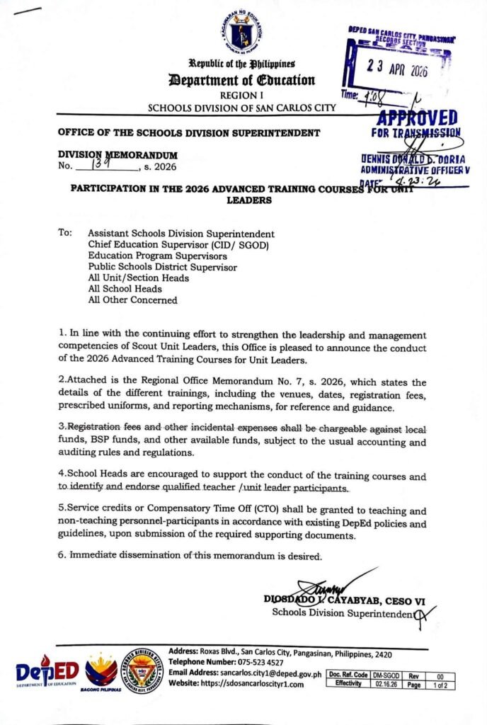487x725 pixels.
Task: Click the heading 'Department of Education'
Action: pos(243,79)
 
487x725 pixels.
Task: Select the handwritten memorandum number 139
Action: pos(101,166)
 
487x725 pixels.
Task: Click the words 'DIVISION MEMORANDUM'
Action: pos(118,155)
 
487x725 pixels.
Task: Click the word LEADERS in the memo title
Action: pos(243,200)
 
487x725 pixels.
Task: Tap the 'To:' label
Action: pos(65,233)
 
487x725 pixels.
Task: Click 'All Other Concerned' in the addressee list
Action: pos(132,300)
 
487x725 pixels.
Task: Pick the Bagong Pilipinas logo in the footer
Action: pos(101,670)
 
